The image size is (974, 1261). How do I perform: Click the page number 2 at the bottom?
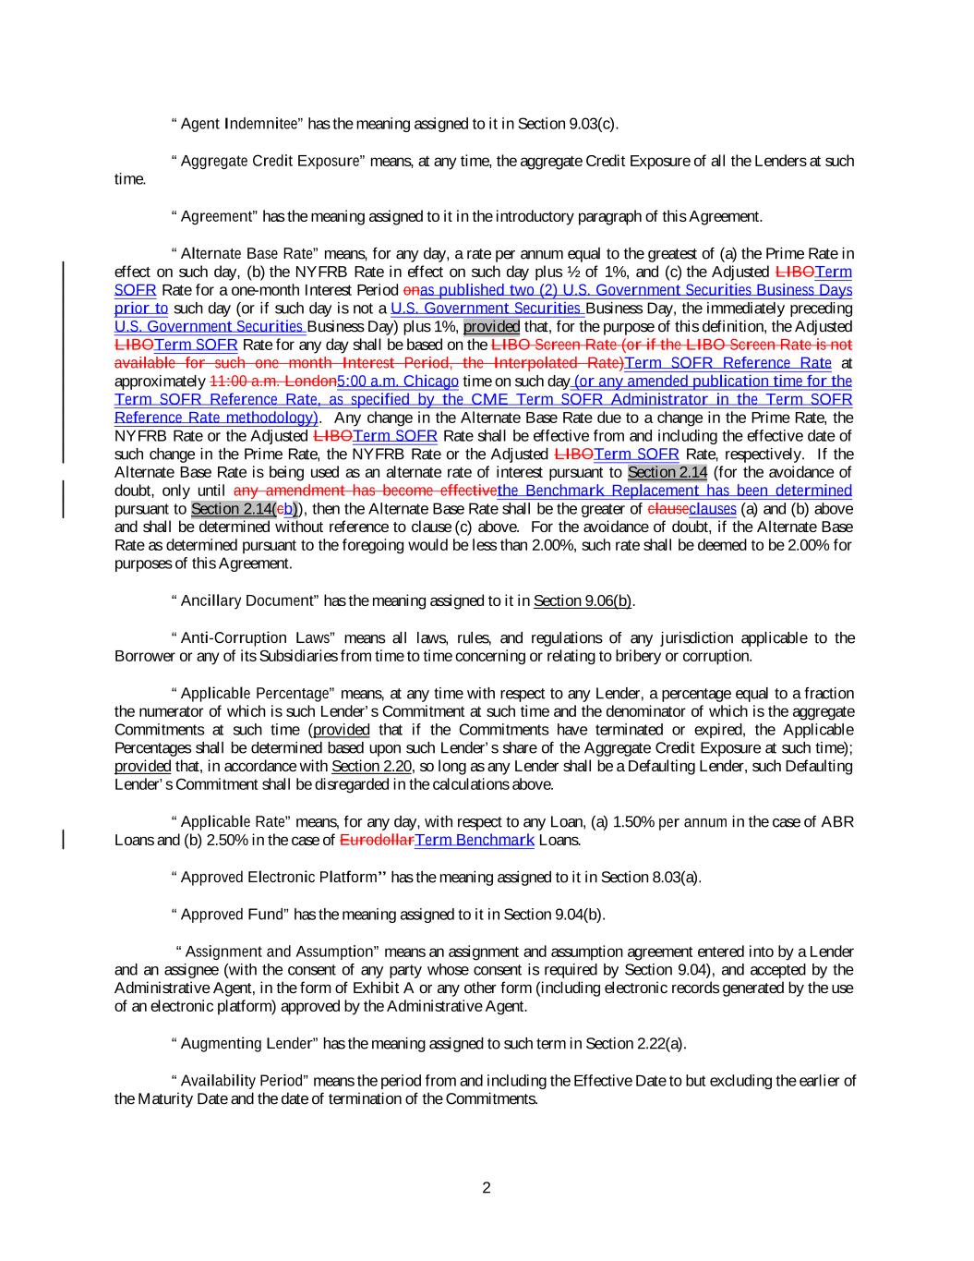487,1188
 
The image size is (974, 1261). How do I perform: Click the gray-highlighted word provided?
491,327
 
